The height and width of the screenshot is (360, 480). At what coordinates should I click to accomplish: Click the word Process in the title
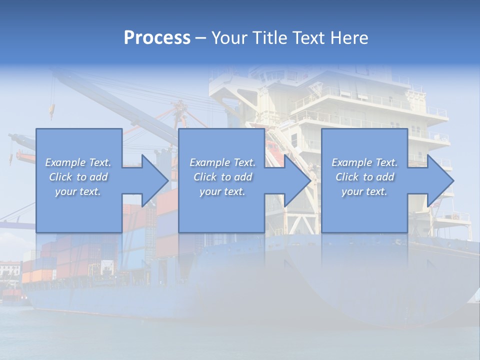[157, 38]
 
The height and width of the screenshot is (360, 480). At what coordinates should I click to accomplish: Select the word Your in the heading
[230, 38]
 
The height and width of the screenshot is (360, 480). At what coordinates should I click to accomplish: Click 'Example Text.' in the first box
[78, 162]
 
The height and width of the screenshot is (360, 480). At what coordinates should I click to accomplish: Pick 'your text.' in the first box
[78, 191]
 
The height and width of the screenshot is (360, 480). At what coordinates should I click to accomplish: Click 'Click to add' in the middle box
[222, 177]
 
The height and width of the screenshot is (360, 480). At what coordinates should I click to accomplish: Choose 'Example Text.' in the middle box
[222, 162]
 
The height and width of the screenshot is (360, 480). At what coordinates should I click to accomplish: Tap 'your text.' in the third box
[364, 191]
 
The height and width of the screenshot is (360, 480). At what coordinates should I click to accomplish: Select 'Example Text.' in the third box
[364, 162]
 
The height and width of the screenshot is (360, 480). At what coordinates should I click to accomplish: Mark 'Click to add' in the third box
[364, 177]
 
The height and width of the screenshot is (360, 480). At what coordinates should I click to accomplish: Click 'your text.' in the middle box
[222, 191]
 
